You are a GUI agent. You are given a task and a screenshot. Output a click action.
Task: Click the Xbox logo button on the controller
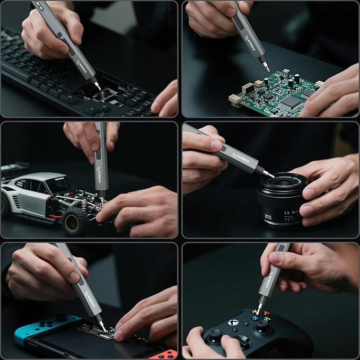(234, 322)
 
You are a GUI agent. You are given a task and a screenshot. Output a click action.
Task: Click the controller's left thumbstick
(215, 335)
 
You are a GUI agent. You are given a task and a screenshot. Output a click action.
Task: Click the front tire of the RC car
(76, 219)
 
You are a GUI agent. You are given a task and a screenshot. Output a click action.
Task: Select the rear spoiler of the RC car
(13, 170)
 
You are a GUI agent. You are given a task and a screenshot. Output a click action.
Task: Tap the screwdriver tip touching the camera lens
(270, 175)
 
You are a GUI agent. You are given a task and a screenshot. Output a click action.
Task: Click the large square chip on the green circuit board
(290, 102)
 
